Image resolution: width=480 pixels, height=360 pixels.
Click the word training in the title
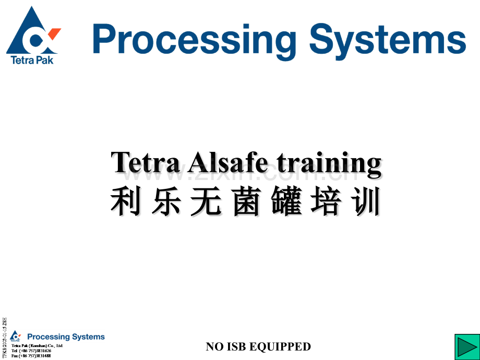(328, 164)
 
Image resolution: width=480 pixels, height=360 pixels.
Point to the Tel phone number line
(31, 351)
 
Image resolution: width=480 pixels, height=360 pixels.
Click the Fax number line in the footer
(31, 356)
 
